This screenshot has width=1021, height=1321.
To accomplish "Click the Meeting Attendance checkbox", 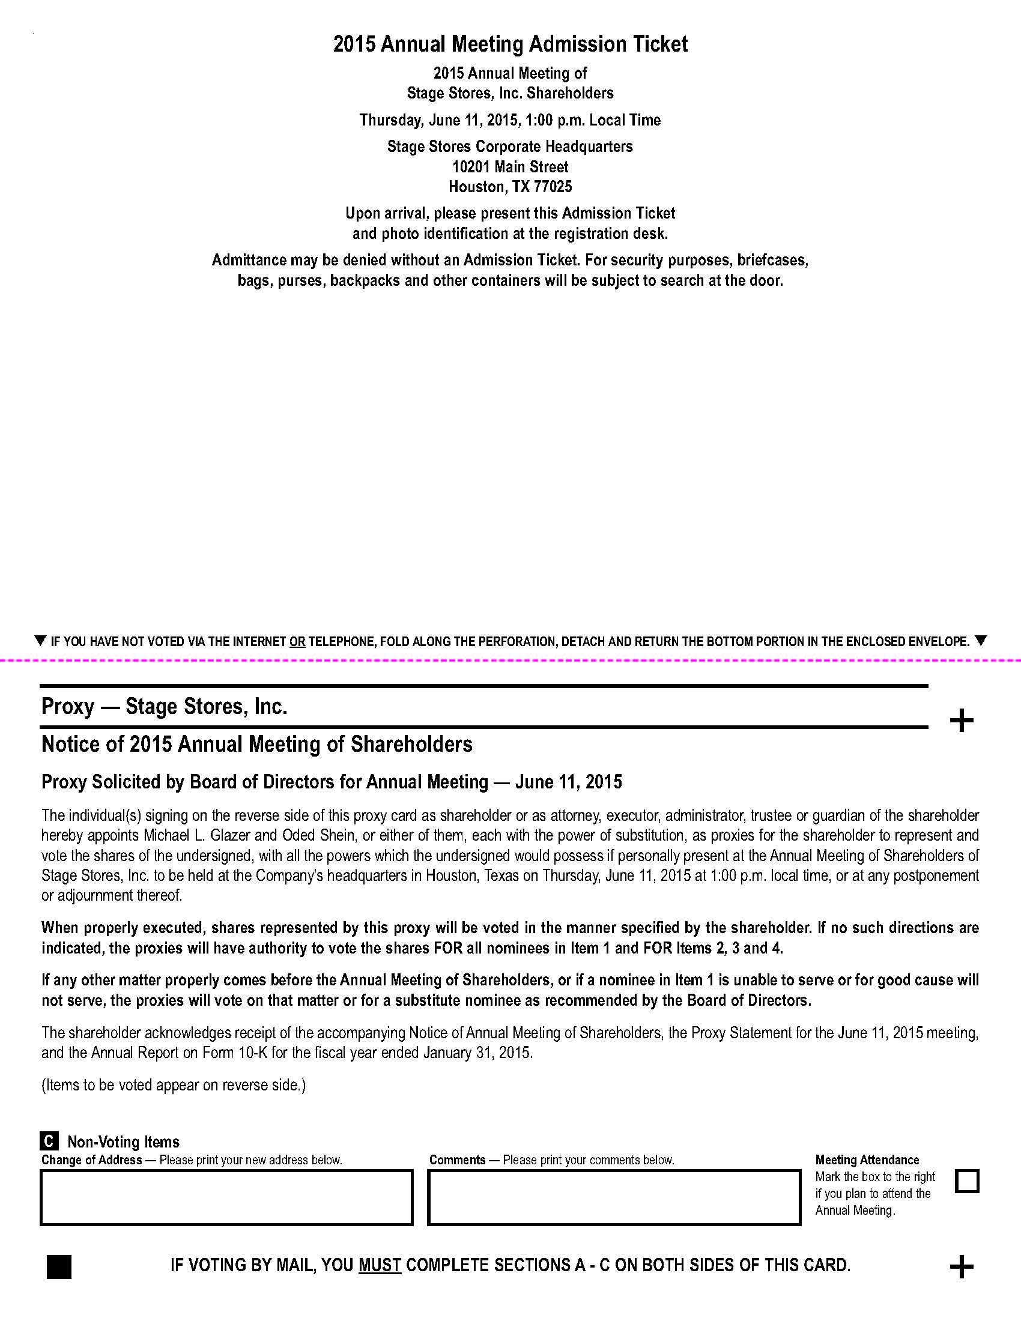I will click(x=966, y=1180).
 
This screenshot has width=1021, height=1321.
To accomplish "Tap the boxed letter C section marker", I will click(x=49, y=1141).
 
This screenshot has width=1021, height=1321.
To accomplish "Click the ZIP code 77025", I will click(x=553, y=187).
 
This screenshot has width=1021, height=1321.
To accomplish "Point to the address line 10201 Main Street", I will click(x=510, y=167).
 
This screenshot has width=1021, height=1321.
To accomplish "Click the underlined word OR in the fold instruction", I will click(x=297, y=642).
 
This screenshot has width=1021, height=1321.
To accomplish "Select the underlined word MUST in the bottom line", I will click(x=380, y=1265).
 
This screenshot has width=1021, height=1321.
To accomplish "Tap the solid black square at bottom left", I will click(x=59, y=1266).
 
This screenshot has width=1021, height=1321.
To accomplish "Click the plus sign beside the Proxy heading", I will click(x=961, y=721).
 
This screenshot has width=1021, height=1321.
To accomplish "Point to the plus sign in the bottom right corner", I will click(x=961, y=1266).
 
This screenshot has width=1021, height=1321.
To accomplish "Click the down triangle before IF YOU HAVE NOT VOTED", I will click(x=40, y=641).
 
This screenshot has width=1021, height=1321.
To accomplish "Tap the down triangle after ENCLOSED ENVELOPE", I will click(x=981, y=641).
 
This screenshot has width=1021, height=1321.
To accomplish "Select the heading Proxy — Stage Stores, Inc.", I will click(x=164, y=707).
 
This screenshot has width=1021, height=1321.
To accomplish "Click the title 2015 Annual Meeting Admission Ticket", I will click(x=510, y=44).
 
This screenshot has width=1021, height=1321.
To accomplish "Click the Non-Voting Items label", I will click(x=123, y=1142).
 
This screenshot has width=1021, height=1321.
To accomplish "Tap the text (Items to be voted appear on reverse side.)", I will click(x=174, y=1085).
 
